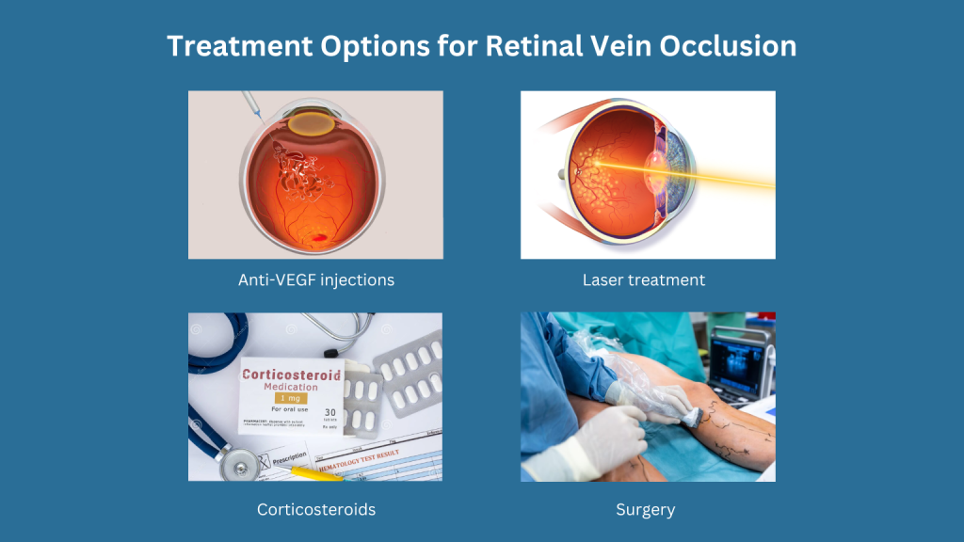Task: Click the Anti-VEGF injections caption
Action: pyautogui.click(x=315, y=279)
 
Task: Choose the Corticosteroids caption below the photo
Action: pyautogui.click(x=315, y=509)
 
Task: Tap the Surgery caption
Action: pyautogui.click(x=646, y=509)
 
